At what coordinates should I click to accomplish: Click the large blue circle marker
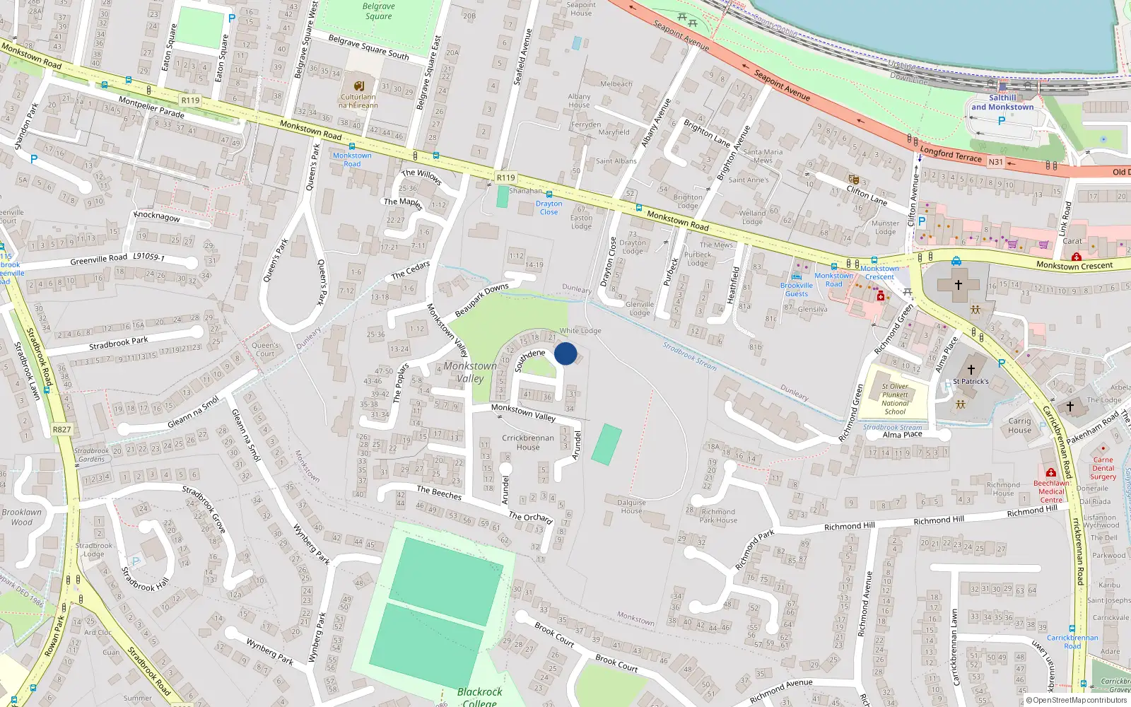click(x=565, y=353)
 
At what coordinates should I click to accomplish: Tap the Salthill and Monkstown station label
click(x=1002, y=103)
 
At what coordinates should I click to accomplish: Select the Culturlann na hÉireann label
click(x=358, y=101)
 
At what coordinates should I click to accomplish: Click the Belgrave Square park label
click(x=379, y=11)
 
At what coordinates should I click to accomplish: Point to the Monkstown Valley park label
click(x=470, y=372)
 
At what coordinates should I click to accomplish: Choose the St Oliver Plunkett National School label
click(x=895, y=399)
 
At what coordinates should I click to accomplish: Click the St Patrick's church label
click(x=971, y=381)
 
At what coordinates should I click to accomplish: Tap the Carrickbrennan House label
click(x=528, y=443)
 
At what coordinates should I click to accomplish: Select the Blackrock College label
click(x=479, y=696)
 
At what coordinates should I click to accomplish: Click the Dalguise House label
click(x=631, y=506)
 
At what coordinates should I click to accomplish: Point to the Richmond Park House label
click(x=718, y=515)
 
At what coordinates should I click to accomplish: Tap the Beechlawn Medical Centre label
click(x=1051, y=491)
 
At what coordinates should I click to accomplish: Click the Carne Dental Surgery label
click(x=1103, y=468)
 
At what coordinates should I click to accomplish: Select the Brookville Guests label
click(x=797, y=290)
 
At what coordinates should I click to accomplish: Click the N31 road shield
click(x=995, y=162)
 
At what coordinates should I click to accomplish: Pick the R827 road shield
click(x=62, y=429)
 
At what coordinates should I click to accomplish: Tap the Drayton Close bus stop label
click(x=549, y=208)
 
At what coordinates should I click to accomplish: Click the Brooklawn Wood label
click(x=21, y=517)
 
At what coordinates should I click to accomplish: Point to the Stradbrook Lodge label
click(x=94, y=549)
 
